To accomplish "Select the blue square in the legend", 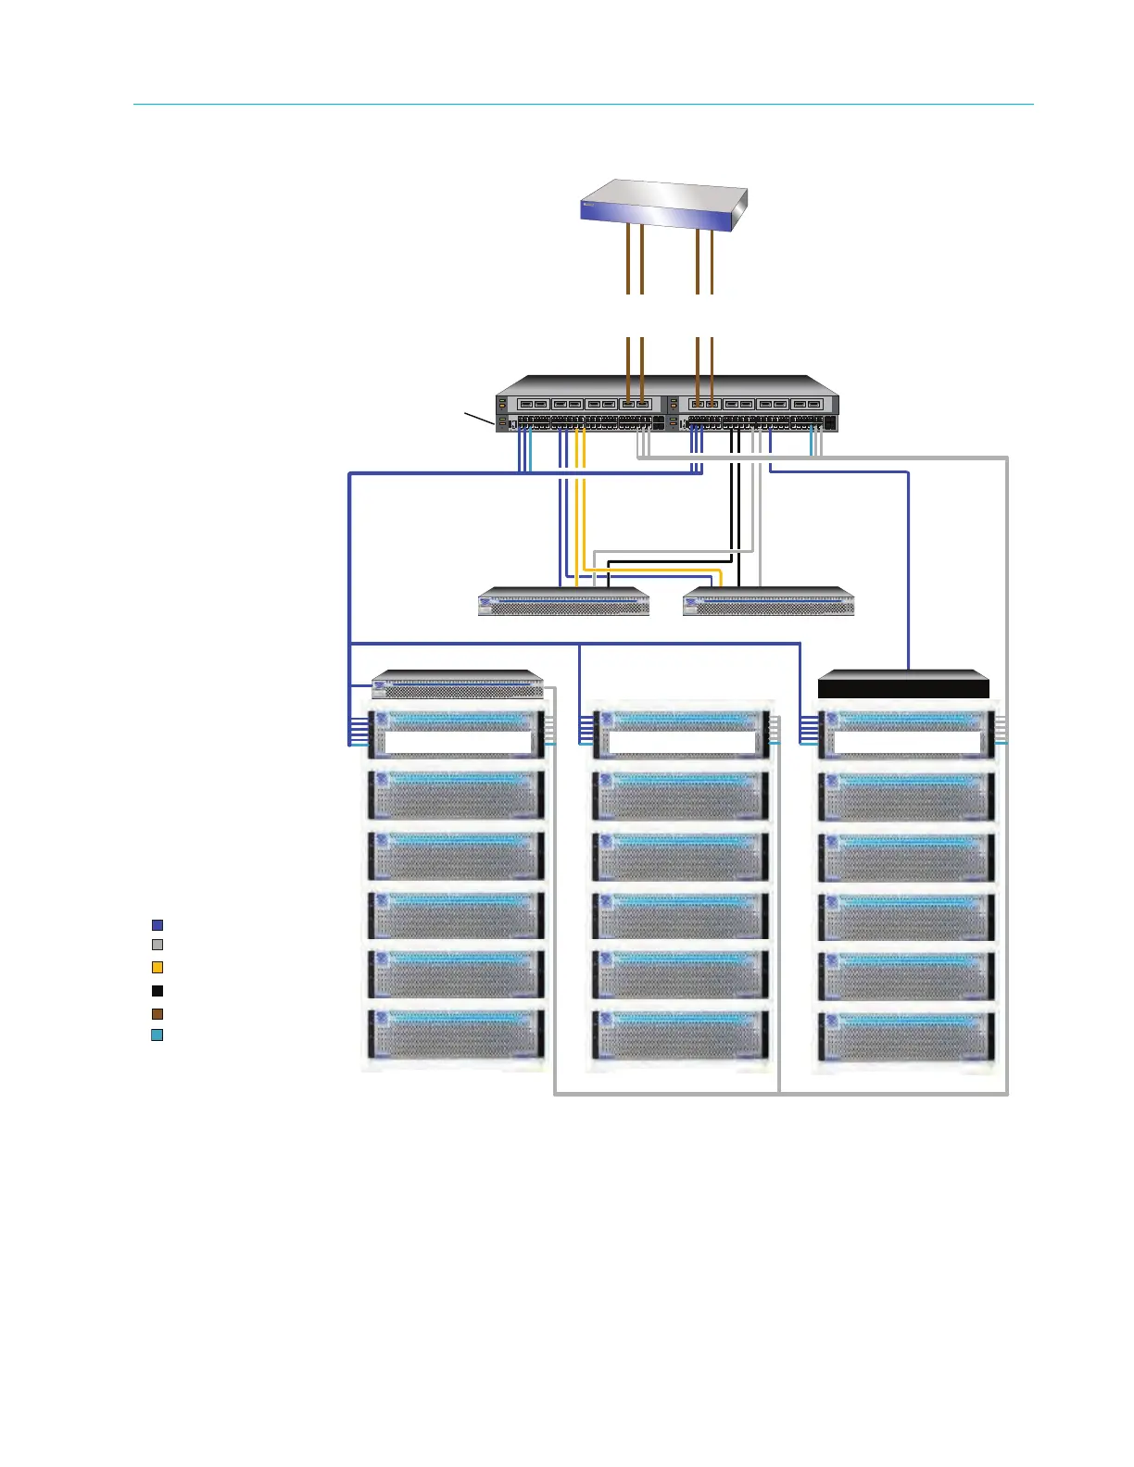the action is [157, 925].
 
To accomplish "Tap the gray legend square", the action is [157, 946].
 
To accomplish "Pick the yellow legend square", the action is [157, 968].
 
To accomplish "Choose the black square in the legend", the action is [157, 991].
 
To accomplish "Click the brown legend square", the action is [157, 1014].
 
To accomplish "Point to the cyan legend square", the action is [157, 1035].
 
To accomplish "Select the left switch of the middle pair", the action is [563, 602].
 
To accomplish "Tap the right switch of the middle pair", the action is [768, 602].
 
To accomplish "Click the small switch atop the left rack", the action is [457, 684].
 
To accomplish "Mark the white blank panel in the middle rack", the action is [682, 742].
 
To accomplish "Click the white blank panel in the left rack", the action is [458, 742].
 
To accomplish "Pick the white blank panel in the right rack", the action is [906, 742].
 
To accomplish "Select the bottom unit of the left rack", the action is [456, 1035].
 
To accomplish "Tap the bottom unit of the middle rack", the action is [681, 1035].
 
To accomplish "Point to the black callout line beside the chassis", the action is [478, 418].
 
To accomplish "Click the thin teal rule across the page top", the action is [584, 105].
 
